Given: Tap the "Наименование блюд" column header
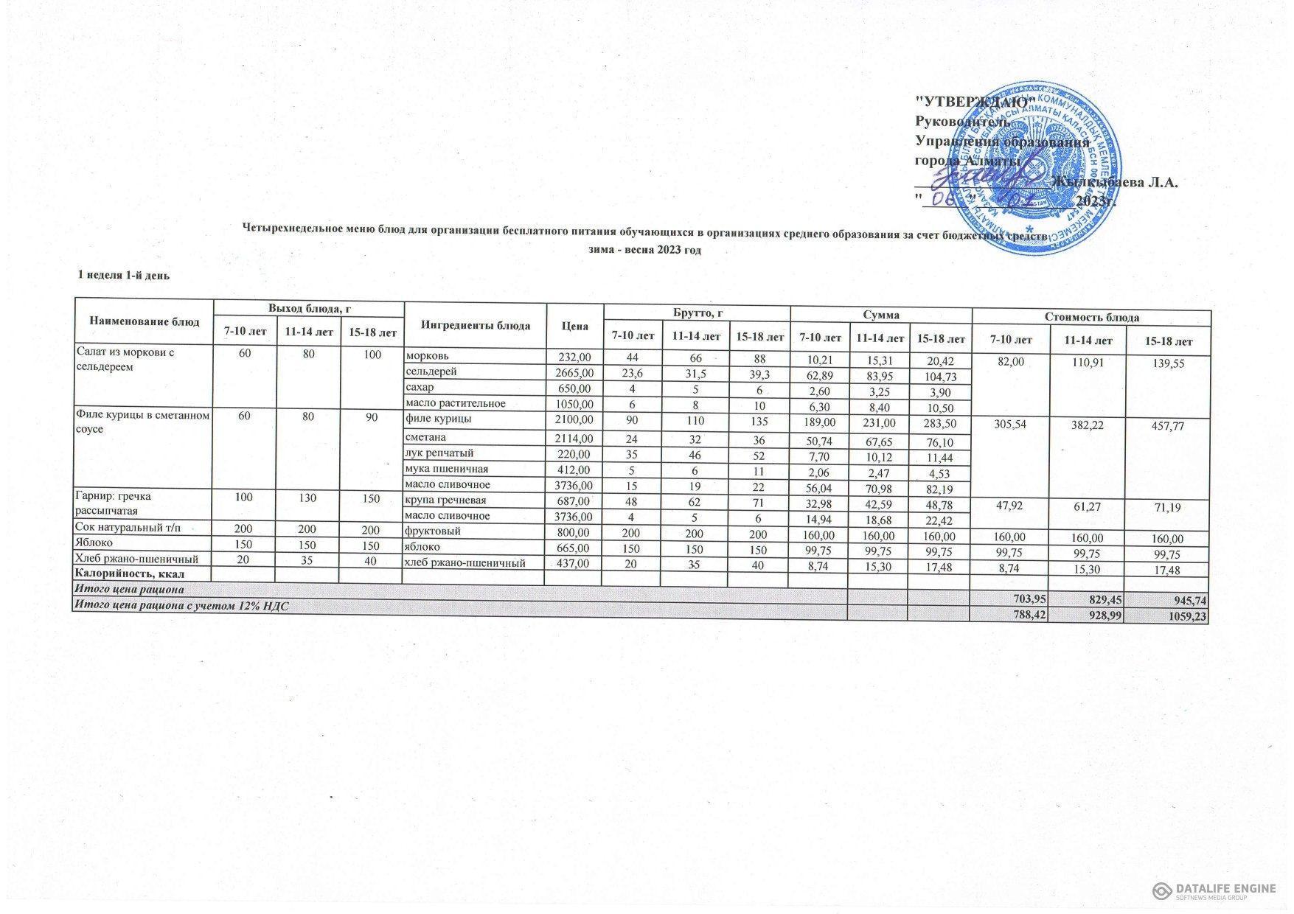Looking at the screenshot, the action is (145, 321).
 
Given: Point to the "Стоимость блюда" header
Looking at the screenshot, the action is (1091, 317).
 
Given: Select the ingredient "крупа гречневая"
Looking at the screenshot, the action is (446, 500).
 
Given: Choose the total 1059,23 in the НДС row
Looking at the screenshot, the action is (1186, 616).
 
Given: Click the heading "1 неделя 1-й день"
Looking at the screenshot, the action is (124, 276).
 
